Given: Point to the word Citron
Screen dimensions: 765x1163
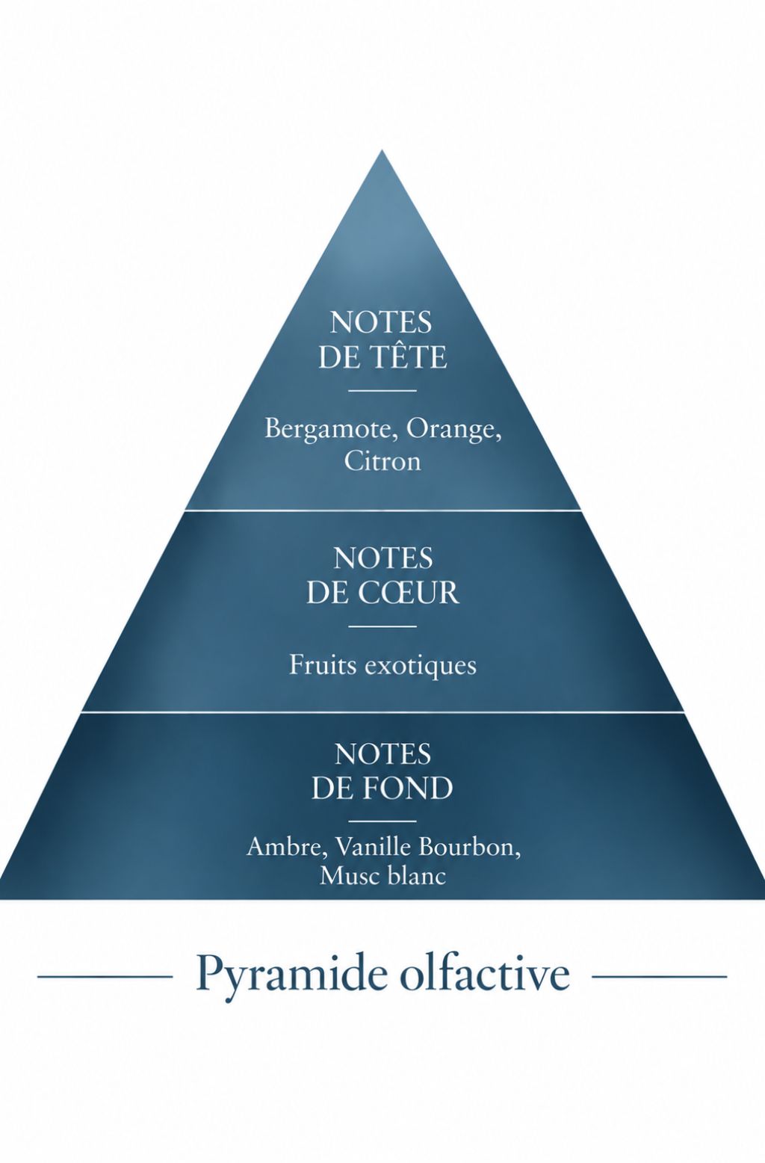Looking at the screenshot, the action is click(x=382, y=462).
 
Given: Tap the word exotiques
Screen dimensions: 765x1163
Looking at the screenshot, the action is click(x=421, y=666).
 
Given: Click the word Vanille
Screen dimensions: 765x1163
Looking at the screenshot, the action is click(x=373, y=848).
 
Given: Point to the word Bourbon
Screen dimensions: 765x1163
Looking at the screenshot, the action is click(x=470, y=848).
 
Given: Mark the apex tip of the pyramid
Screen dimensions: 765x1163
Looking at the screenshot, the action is click(x=382, y=150).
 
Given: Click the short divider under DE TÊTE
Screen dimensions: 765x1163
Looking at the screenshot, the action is click(x=382, y=390).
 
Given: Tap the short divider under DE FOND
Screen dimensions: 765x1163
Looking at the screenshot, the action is click(x=382, y=821).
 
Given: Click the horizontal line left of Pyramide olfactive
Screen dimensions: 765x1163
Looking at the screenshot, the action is click(x=105, y=977).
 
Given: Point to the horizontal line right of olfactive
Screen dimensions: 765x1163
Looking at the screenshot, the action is click(x=660, y=977).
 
